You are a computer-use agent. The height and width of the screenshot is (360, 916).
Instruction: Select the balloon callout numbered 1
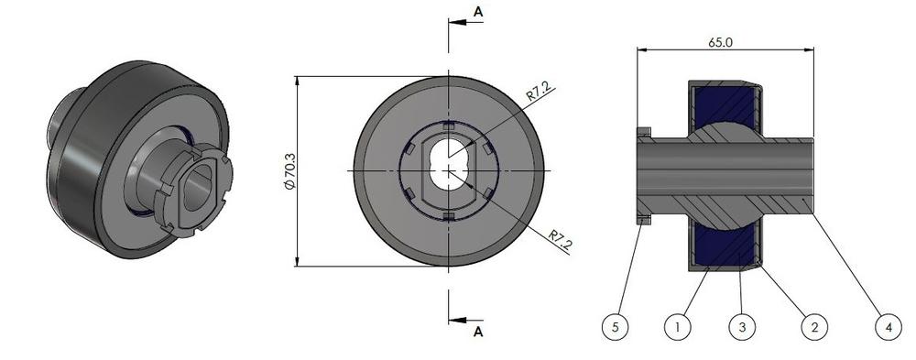(676, 325)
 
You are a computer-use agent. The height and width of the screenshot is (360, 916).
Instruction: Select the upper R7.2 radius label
(538, 94)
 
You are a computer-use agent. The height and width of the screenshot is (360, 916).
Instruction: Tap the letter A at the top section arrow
(478, 11)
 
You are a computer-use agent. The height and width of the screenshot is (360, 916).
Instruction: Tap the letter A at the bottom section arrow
(478, 333)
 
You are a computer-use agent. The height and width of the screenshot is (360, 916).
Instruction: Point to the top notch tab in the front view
(448, 125)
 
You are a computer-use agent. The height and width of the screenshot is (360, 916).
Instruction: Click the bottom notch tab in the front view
(448, 216)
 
